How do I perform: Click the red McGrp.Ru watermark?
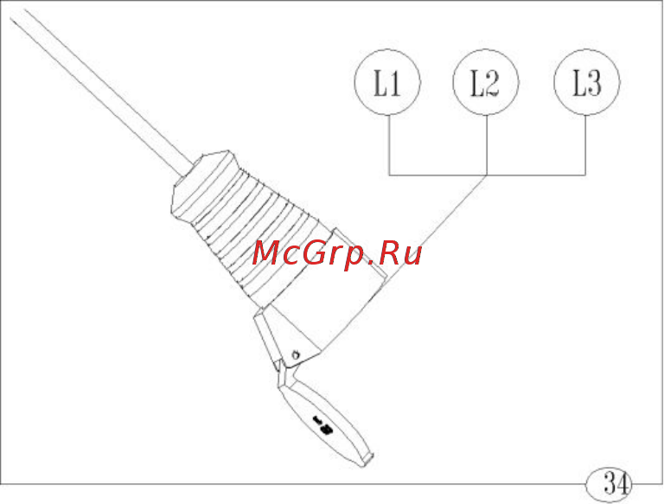coord(337,253)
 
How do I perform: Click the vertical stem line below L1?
coord(389,145)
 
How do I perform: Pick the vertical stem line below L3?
coord(585,145)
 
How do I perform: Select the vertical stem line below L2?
coord(487,145)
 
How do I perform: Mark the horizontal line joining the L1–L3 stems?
coord(488,175)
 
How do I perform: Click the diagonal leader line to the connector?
coord(436,230)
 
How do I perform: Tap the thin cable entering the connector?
coord(102,93)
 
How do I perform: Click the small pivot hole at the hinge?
coord(297,354)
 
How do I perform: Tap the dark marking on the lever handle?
coord(322,424)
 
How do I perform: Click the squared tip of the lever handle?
coord(367,460)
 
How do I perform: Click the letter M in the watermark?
coord(267,253)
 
